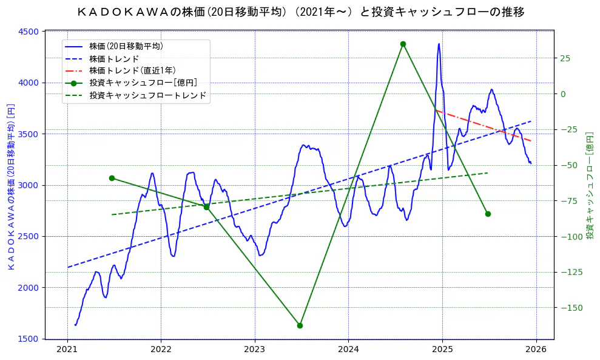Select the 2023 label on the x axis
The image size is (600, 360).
254,350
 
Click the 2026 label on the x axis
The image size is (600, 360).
536,350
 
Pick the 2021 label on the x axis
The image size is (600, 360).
67,350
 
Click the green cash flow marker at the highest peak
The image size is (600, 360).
403,44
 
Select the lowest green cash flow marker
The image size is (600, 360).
300,325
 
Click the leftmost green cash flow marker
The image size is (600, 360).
112,178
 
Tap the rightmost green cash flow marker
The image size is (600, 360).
488,214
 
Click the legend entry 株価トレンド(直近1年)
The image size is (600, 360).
132,70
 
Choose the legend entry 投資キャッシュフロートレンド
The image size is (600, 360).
147,95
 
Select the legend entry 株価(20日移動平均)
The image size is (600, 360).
126,46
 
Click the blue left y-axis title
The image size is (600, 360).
10,186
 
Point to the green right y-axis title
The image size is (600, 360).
589,185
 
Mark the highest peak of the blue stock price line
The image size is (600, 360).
439,44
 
